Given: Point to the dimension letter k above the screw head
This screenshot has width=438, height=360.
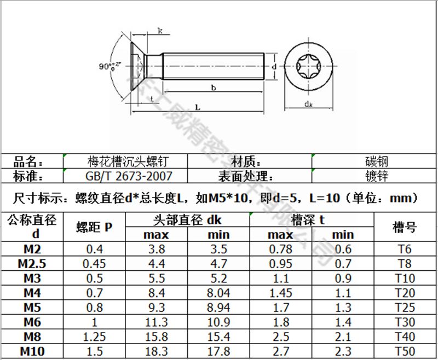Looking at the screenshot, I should tap(160, 31).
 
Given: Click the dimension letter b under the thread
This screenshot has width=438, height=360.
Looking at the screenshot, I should tap(213, 88).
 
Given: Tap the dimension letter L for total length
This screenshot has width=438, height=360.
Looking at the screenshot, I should tap(198, 108).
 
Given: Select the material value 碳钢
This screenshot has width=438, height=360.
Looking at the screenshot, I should tap(377, 161).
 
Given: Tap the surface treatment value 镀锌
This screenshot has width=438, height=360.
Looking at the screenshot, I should tap(377, 176).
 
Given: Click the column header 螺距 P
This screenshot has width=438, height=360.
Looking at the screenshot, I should tap(94, 227).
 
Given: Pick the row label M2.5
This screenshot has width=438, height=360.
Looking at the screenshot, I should tap(32, 263).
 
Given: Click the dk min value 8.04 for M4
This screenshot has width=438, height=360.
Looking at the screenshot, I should tap(218, 293).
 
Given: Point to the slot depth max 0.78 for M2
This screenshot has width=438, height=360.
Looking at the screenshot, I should tap(280, 249).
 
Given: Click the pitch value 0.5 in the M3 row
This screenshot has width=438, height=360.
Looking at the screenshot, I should tap(94, 278).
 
